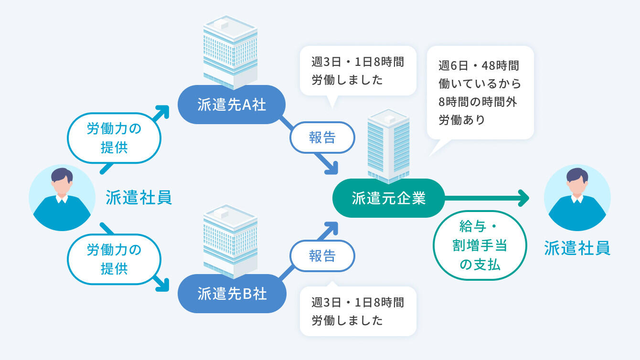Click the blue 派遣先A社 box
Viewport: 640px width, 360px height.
[x=232, y=105]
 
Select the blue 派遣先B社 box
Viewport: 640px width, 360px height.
[x=232, y=294]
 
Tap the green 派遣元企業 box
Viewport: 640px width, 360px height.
[x=388, y=198]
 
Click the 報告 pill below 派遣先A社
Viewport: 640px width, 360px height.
[x=322, y=138]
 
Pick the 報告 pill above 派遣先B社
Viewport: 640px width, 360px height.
[x=322, y=256]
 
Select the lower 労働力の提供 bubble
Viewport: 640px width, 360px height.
[x=114, y=259]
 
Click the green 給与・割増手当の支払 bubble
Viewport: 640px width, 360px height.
[x=480, y=244]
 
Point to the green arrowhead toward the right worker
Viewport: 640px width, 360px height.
[x=524, y=198]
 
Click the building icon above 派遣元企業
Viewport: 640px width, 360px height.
[x=388, y=146]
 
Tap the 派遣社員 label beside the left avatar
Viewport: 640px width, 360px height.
[x=139, y=197]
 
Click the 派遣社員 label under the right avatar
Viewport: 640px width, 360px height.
[x=577, y=248]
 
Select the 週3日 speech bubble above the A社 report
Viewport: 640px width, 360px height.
[x=358, y=71]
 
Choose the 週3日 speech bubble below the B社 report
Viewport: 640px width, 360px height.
[x=358, y=311]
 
